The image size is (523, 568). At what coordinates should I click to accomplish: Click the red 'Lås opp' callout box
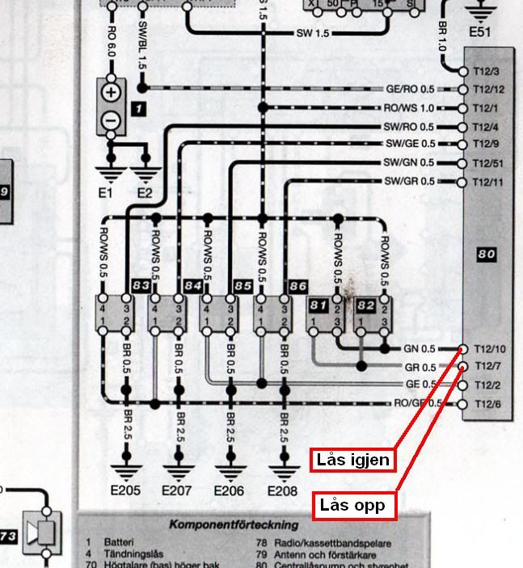352,506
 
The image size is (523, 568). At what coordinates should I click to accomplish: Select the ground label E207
178,490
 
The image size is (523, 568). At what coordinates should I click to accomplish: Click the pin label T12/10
489,349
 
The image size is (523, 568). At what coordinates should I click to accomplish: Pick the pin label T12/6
488,404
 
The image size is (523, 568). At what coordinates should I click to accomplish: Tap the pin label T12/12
489,89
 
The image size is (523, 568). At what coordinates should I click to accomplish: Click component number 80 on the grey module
486,255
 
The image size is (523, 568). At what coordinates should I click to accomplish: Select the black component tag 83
140,285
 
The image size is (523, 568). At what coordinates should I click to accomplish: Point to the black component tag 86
297,285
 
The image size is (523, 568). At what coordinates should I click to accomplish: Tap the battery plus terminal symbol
110,92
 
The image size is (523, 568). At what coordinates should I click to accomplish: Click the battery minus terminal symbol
110,120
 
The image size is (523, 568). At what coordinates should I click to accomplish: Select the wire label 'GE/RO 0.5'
411,89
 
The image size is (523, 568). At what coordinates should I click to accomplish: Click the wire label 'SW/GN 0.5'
409,162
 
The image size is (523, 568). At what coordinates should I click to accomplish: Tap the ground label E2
145,192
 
